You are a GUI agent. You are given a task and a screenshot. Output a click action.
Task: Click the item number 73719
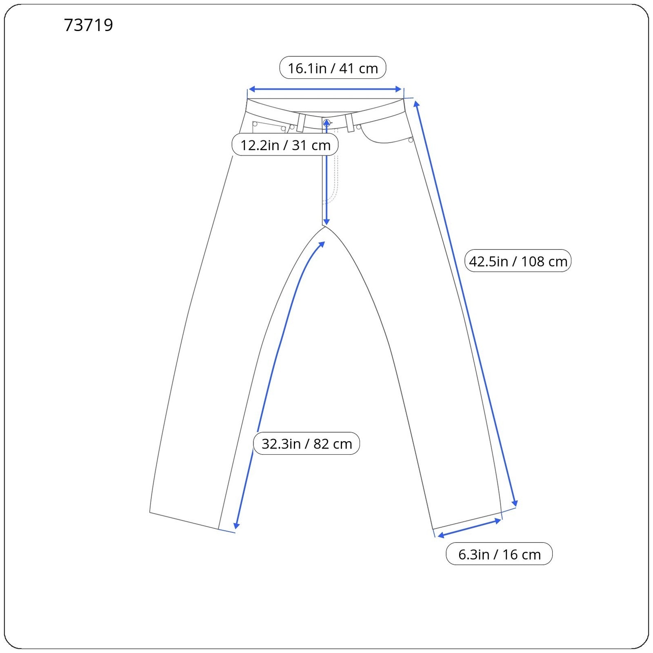coord(89,25)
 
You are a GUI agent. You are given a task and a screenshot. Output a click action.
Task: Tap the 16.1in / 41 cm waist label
coord(333,68)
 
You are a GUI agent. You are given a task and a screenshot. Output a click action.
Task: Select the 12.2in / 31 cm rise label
coord(285,144)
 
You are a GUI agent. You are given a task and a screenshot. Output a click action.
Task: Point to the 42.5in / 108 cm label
coord(518,261)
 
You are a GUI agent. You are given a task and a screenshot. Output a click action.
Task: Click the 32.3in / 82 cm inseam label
coord(307,443)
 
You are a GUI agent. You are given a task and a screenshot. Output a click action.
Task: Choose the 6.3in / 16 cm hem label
coord(499,554)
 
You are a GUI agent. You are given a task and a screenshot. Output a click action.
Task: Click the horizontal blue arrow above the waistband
coord(325,89)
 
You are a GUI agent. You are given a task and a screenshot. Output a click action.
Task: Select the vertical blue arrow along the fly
coord(326,171)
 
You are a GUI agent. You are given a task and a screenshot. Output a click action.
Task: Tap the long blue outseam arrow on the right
coord(466,304)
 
